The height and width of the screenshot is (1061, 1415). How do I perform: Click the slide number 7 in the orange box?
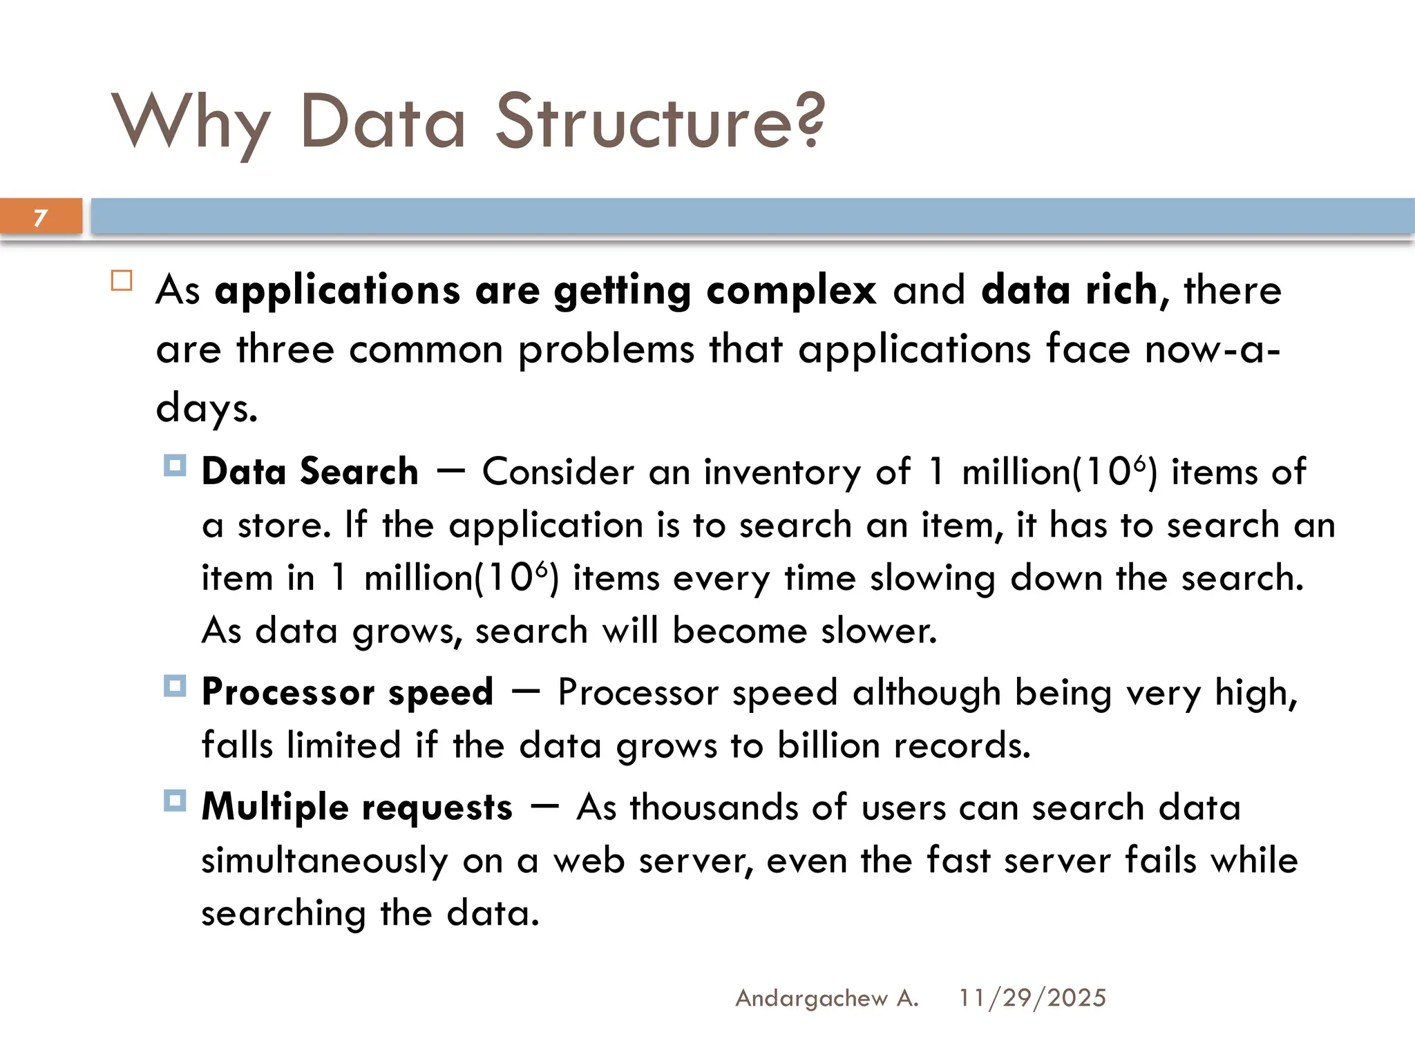[x=40, y=218]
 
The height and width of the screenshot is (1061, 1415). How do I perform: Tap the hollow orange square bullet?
[x=122, y=280]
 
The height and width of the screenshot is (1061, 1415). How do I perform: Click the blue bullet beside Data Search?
[x=175, y=466]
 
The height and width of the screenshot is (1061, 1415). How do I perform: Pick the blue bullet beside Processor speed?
[x=175, y=687]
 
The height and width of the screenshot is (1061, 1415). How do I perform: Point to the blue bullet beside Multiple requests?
[x=175, y=801]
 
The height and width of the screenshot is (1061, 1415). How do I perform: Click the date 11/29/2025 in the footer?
[x=1032, y=998]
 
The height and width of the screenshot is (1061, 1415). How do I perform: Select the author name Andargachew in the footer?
[x=811, y=998]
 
